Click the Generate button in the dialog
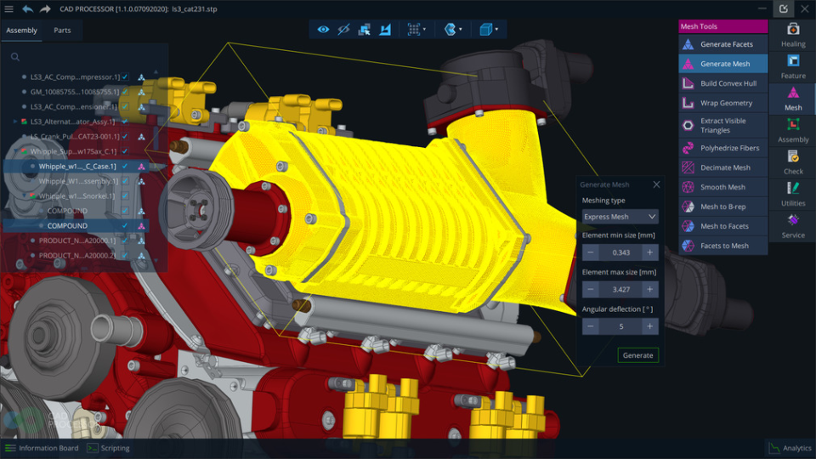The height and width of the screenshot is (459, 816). pyautogui.click(x=637, y=354)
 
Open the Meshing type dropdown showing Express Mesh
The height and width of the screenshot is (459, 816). pyautogui.click(x=620, y=217)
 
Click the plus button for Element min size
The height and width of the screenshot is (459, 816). pyautogui.click(x=649, y=252)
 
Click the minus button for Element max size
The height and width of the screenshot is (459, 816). pyautogui.click(x=590, y=290)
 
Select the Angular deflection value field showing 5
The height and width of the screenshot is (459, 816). pyautogui.click(x=620, y=326)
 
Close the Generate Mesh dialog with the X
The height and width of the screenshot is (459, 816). pyautogui.click(x=656, y=184)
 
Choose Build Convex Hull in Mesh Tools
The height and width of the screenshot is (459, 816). pyautogui.click(x=727, y=83)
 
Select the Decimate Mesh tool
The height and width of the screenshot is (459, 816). pyautogui.click(x=724, y=167)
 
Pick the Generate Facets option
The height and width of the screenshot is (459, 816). pyautogui.click(x=726, y=44)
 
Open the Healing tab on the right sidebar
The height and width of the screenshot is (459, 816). pyautogui.click(x=792, y=34)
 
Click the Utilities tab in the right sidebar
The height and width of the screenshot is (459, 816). pyautogui.click(x=792, y=194)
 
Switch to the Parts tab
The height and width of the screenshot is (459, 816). pyautogui.click(x=62, y=31)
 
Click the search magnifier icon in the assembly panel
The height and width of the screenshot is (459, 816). pyautogui.click(x=15, y=58)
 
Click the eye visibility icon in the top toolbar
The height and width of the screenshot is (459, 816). pyautogui.click(x=323, y=30)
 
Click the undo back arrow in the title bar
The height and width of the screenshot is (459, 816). pyautogui.click(x=27, y=8)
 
